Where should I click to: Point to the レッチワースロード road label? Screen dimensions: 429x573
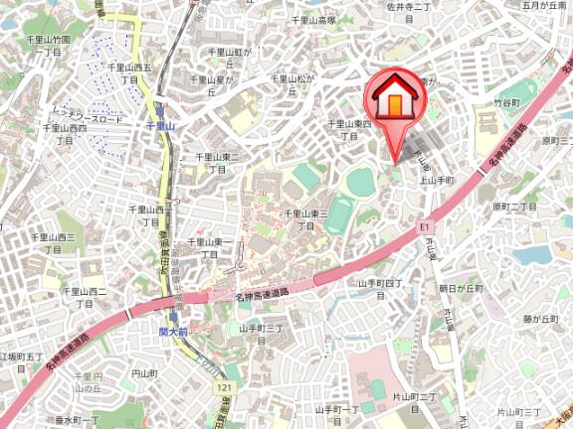click(88, 118)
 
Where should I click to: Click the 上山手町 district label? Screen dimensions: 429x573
click(436, 180)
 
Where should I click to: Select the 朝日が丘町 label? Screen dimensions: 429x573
click(460, 288)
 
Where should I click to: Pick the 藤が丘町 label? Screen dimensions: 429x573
click(542, 319)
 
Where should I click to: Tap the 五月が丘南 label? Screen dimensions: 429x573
click(539, 7)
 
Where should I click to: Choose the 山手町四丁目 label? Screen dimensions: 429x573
click(379, 288)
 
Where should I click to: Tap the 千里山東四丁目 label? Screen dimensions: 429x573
click(349, 129)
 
